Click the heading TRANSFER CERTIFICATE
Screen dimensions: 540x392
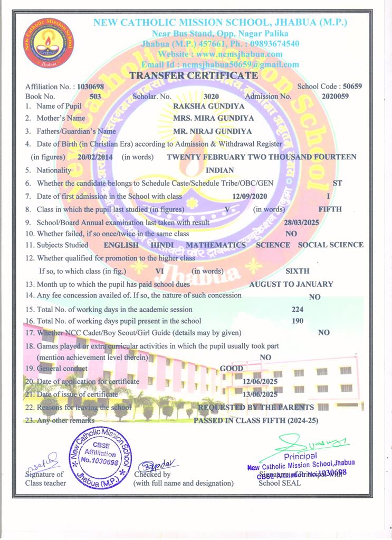click(x=194, y=75)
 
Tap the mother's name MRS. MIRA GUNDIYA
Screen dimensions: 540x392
click(x=213, y=119)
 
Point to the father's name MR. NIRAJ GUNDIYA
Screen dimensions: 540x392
click(x=212, y=131)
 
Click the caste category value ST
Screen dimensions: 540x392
click(x=338, y=183)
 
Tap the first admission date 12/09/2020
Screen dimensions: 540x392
click(x=251, y=196)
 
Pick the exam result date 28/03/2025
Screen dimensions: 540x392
click(x=301, y=222)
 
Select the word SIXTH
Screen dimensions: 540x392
click(x=297, y=271)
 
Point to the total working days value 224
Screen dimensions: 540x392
click(x=298, y=310)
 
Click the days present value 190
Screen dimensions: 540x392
click(x=298, y=321)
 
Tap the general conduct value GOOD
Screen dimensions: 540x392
click(x=231, y=369)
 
